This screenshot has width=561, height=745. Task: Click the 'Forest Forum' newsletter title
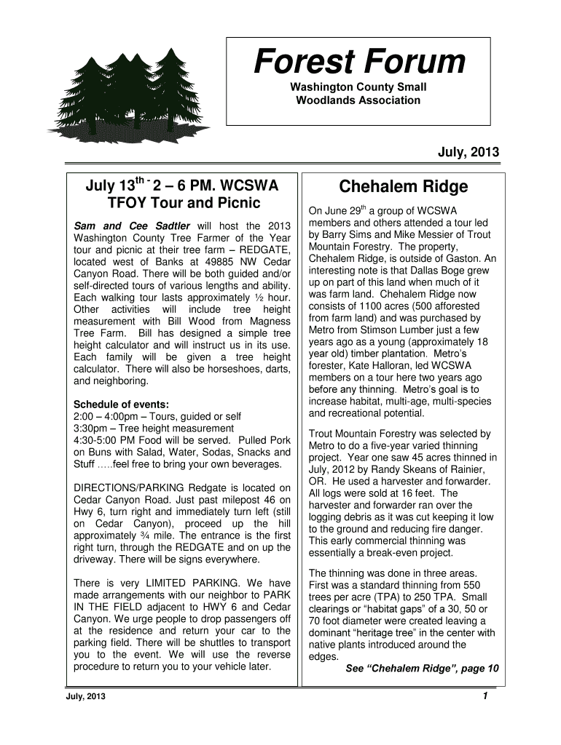coord(358,63)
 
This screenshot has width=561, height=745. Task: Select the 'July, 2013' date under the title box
coord(468,153)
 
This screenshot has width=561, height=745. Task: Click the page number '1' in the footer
coord(484,696)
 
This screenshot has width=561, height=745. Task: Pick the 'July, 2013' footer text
coord(85,697)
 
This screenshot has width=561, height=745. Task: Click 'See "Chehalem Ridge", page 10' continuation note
coord(422,668)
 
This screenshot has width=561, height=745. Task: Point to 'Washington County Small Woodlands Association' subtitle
coord(358,94)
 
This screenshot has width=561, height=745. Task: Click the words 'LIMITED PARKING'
coord(191,583)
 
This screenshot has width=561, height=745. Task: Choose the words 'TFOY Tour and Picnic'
coord(183,202)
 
